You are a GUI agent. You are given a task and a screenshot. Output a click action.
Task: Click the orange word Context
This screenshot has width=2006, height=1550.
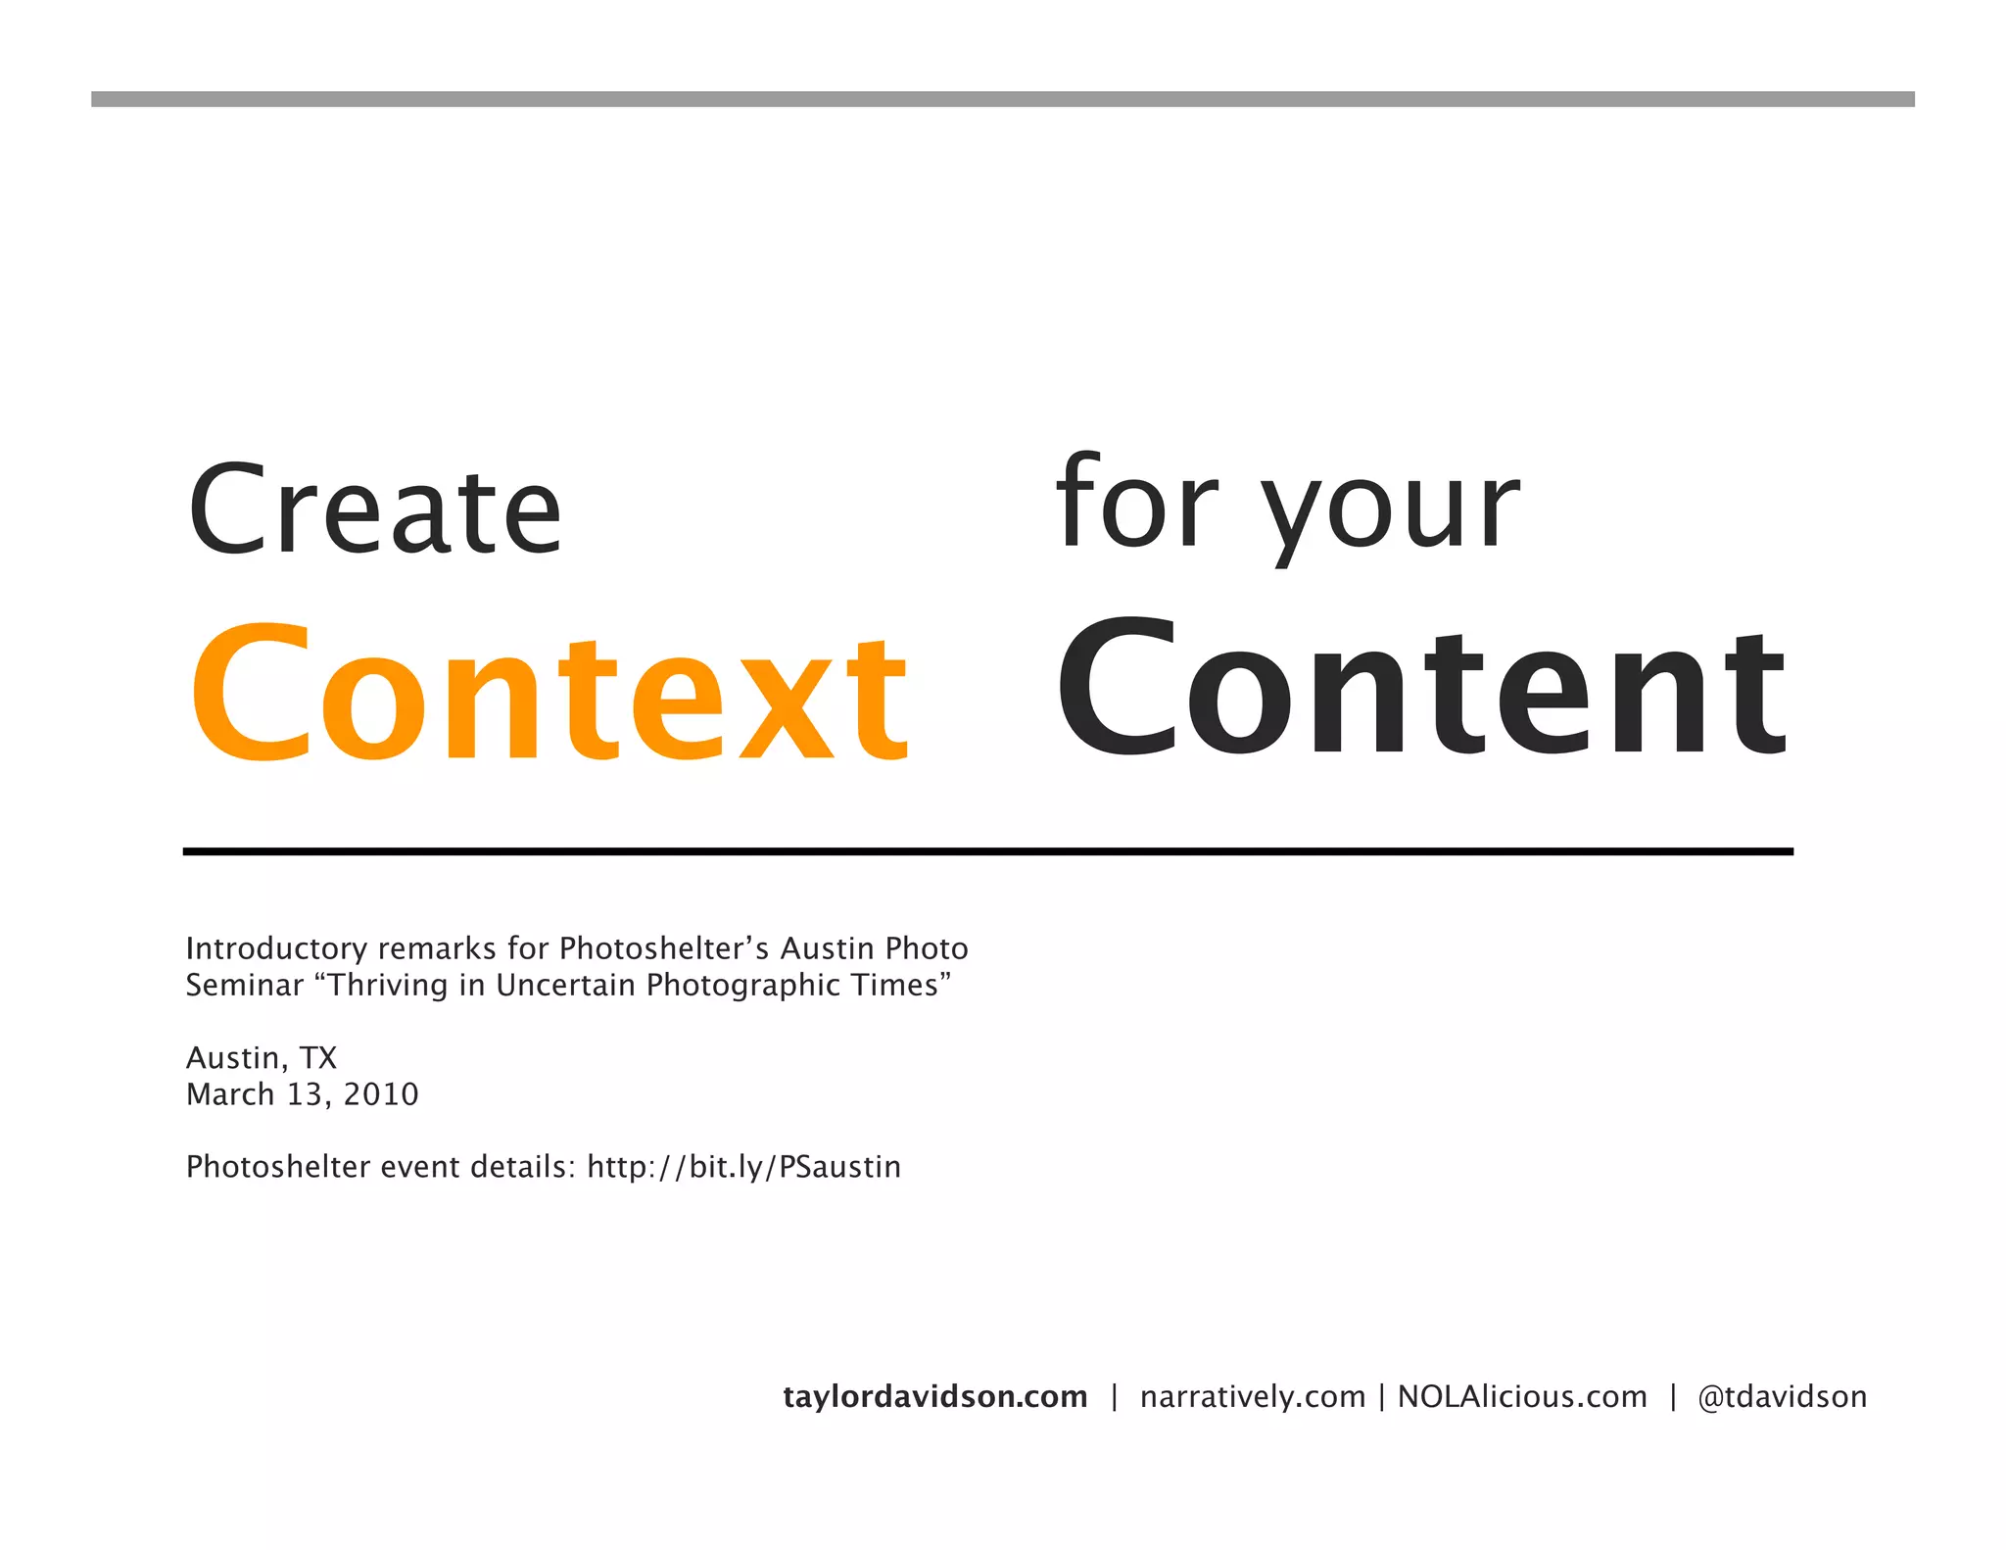[x=549, y=694]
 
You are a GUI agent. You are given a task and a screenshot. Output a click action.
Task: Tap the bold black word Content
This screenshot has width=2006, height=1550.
[x=1422, y=690]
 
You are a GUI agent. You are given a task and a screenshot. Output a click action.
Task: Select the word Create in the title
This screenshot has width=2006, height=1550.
[x=374, y=509]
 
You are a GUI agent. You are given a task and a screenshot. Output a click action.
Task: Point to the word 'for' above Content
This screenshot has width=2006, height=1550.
[x=1136, y=502]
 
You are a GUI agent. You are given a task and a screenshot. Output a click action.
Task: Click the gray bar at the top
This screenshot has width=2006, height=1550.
[x=1003, y=99]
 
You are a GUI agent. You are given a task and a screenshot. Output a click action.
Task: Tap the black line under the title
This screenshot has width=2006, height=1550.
[x=987, y=851]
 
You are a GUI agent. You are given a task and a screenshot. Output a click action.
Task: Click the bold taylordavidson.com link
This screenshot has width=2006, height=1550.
[x=935, y=1396]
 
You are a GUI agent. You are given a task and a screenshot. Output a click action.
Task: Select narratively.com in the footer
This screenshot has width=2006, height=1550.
[x=1253, y=1396]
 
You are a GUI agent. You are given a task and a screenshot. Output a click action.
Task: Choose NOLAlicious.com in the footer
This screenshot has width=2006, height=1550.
[x=1522, y=1396]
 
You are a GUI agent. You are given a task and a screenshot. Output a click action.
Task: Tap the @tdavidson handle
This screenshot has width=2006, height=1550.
[x=1783, y=1396]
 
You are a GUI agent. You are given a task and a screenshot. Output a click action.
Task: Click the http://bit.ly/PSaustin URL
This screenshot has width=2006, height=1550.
[x=744, y=1167]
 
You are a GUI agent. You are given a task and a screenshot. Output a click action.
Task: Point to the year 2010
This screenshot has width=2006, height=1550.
[x=381, y=1094]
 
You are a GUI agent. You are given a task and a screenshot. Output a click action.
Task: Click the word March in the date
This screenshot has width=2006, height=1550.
[x=230, y=1094]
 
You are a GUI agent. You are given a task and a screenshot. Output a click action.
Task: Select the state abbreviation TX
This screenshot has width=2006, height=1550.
[x=318, y=1058]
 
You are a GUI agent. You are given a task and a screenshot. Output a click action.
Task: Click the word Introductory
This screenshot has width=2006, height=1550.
[x=276, y=948]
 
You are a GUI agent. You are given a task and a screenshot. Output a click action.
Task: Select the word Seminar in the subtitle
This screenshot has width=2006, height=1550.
[x=245, y=985]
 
